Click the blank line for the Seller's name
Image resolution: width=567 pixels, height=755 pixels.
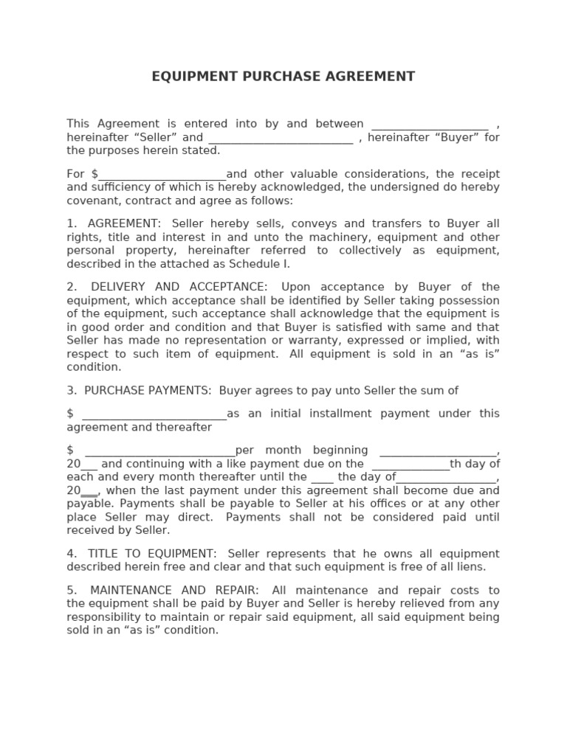(x=429, y=125)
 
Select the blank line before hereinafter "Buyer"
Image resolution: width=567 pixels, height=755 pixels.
(x=281, y=139)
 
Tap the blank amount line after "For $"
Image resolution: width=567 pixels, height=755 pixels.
(x=162, y=175)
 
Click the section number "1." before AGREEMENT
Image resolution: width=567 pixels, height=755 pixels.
(x=72, y=223)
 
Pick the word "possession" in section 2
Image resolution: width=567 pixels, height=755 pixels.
(x=469, y=301)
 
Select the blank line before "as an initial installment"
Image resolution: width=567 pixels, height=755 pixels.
(x=154, y=414)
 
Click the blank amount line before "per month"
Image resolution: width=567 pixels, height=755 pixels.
(x=160, y=451)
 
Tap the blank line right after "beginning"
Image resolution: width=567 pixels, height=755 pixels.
(x=438, y=451)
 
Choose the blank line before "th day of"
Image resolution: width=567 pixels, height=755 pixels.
(x=410, y=465)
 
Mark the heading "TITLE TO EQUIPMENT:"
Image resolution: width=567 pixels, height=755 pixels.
(x=152, y=554)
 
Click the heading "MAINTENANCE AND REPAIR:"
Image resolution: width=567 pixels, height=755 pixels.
(x=174, y=591)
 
